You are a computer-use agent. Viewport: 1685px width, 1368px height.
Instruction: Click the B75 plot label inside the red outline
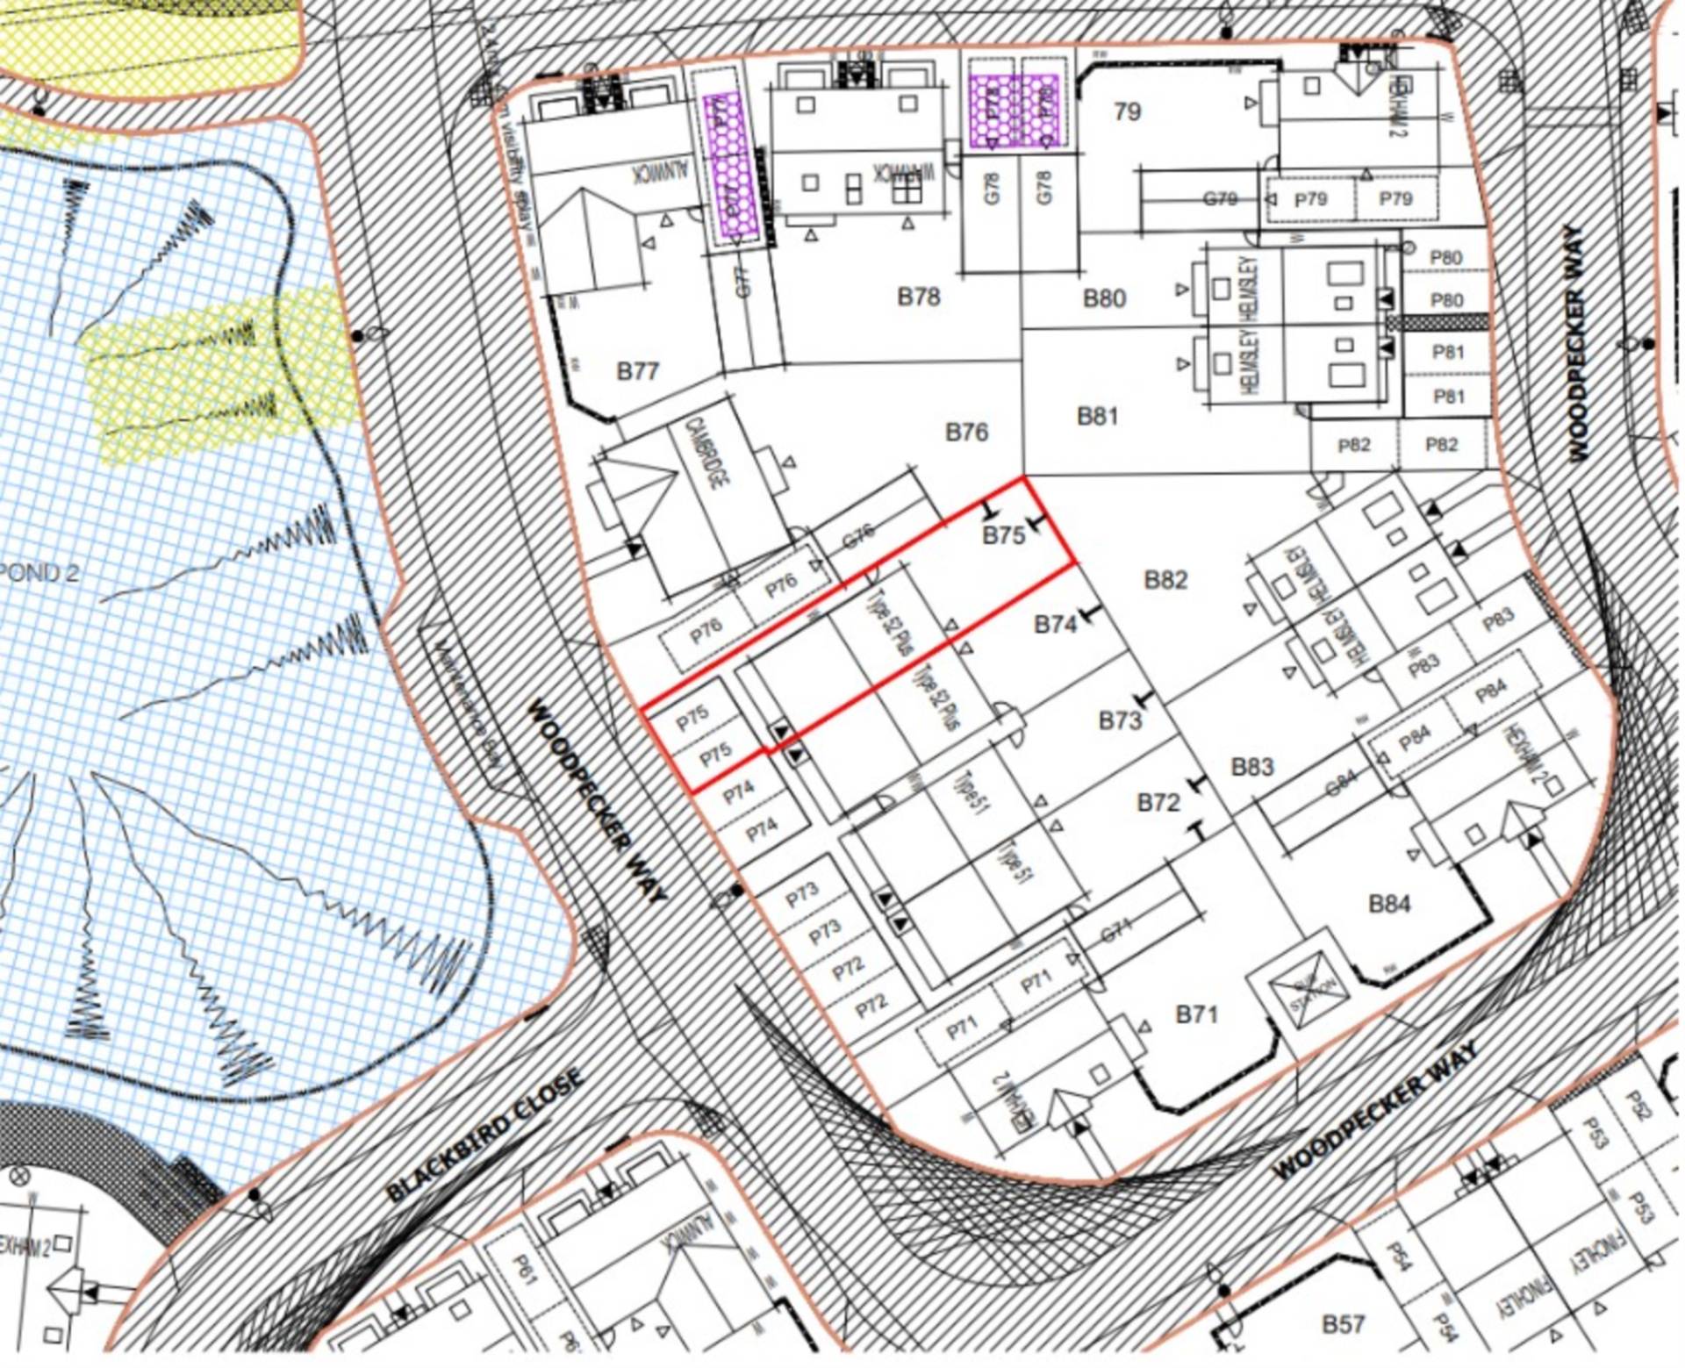[1003, 535]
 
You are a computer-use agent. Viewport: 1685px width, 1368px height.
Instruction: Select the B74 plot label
[1055, 625]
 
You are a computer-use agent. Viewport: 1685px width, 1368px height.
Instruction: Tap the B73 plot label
[1120, 720]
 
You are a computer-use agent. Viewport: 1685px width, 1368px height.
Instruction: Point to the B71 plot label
[1196, 1014]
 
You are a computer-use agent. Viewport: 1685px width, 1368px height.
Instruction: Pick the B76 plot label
[966, 432]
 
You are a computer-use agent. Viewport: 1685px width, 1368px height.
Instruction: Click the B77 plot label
[637, 371]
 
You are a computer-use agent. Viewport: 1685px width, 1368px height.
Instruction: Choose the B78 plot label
[918, 297]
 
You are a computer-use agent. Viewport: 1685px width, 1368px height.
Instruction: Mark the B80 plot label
[1104, 298]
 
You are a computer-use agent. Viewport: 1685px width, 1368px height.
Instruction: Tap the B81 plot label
[1097, 415]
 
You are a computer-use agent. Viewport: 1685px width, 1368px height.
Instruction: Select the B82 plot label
[1165, 579]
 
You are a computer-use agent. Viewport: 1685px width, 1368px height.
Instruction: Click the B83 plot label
[1251, 767]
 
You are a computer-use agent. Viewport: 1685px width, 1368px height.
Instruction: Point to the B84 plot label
[1389, 903]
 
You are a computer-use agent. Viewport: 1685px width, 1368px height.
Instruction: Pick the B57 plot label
[1343, 1323]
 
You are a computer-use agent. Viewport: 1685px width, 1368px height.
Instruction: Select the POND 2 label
[39, 573]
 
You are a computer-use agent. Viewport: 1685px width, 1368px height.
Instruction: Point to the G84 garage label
[1340, 784]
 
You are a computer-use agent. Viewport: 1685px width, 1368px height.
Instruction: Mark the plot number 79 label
[1127, 111]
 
